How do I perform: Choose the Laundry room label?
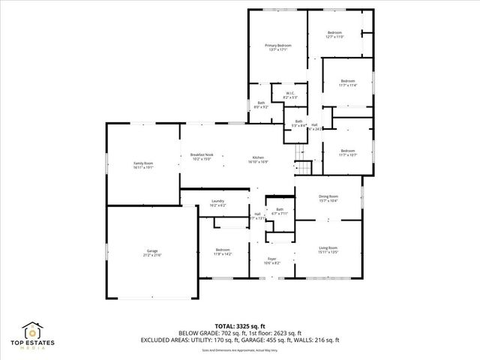point(218,202)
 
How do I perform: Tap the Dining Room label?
point(328,198)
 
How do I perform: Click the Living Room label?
point(328,250)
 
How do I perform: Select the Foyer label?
point(271,261)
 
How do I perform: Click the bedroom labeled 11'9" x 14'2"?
point(223,251)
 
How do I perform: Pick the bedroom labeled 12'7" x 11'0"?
point(334,34)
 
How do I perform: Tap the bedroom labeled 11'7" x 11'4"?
point(347,82)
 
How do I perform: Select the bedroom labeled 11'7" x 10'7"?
point(347,152)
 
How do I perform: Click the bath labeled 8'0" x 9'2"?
point(262,105)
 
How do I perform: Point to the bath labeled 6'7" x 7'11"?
point(280,211)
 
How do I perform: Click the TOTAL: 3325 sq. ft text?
point(239,325)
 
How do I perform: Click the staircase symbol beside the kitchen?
point(301,165)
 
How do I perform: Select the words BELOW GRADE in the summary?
point(194,333)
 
